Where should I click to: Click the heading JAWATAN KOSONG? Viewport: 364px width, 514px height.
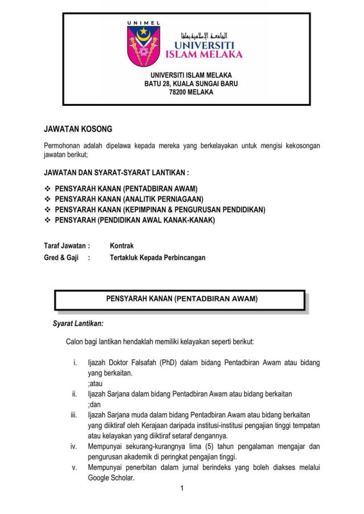pyautogui.click(x=78, y=130)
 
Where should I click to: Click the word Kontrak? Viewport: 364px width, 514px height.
pyautogui.click(x=122, y=246)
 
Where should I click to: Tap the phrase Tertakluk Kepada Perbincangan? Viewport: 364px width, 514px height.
pyautogui.click(x=158, y=258)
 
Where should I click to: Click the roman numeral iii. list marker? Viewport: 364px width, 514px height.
pyautogui.click(x=73, y=414)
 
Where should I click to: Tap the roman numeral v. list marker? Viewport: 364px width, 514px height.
pyautogui.click(x=75, y=468)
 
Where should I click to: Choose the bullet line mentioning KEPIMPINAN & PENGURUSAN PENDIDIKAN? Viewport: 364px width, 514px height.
pyautogui.click(x=160, y=210)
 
